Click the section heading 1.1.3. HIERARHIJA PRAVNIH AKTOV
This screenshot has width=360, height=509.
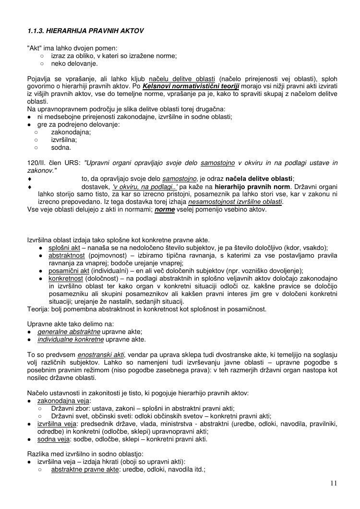click(x=85, y=31)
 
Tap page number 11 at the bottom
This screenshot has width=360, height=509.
click(x=334, y=483)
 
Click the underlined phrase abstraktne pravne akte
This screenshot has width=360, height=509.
click(x=84, y=470)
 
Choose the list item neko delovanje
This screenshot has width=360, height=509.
click(x=74, y=63)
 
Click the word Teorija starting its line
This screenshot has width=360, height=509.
click(x=38, y=309)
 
